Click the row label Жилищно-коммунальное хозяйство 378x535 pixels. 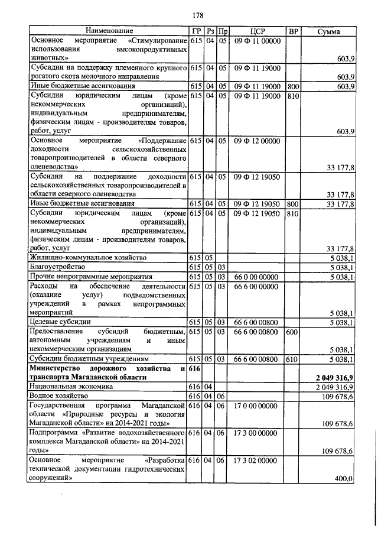pos(83,258)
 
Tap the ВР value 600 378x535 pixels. pos(291,332)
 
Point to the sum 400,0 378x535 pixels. pos(343,478)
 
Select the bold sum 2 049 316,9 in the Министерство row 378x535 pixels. pos(334,377)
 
